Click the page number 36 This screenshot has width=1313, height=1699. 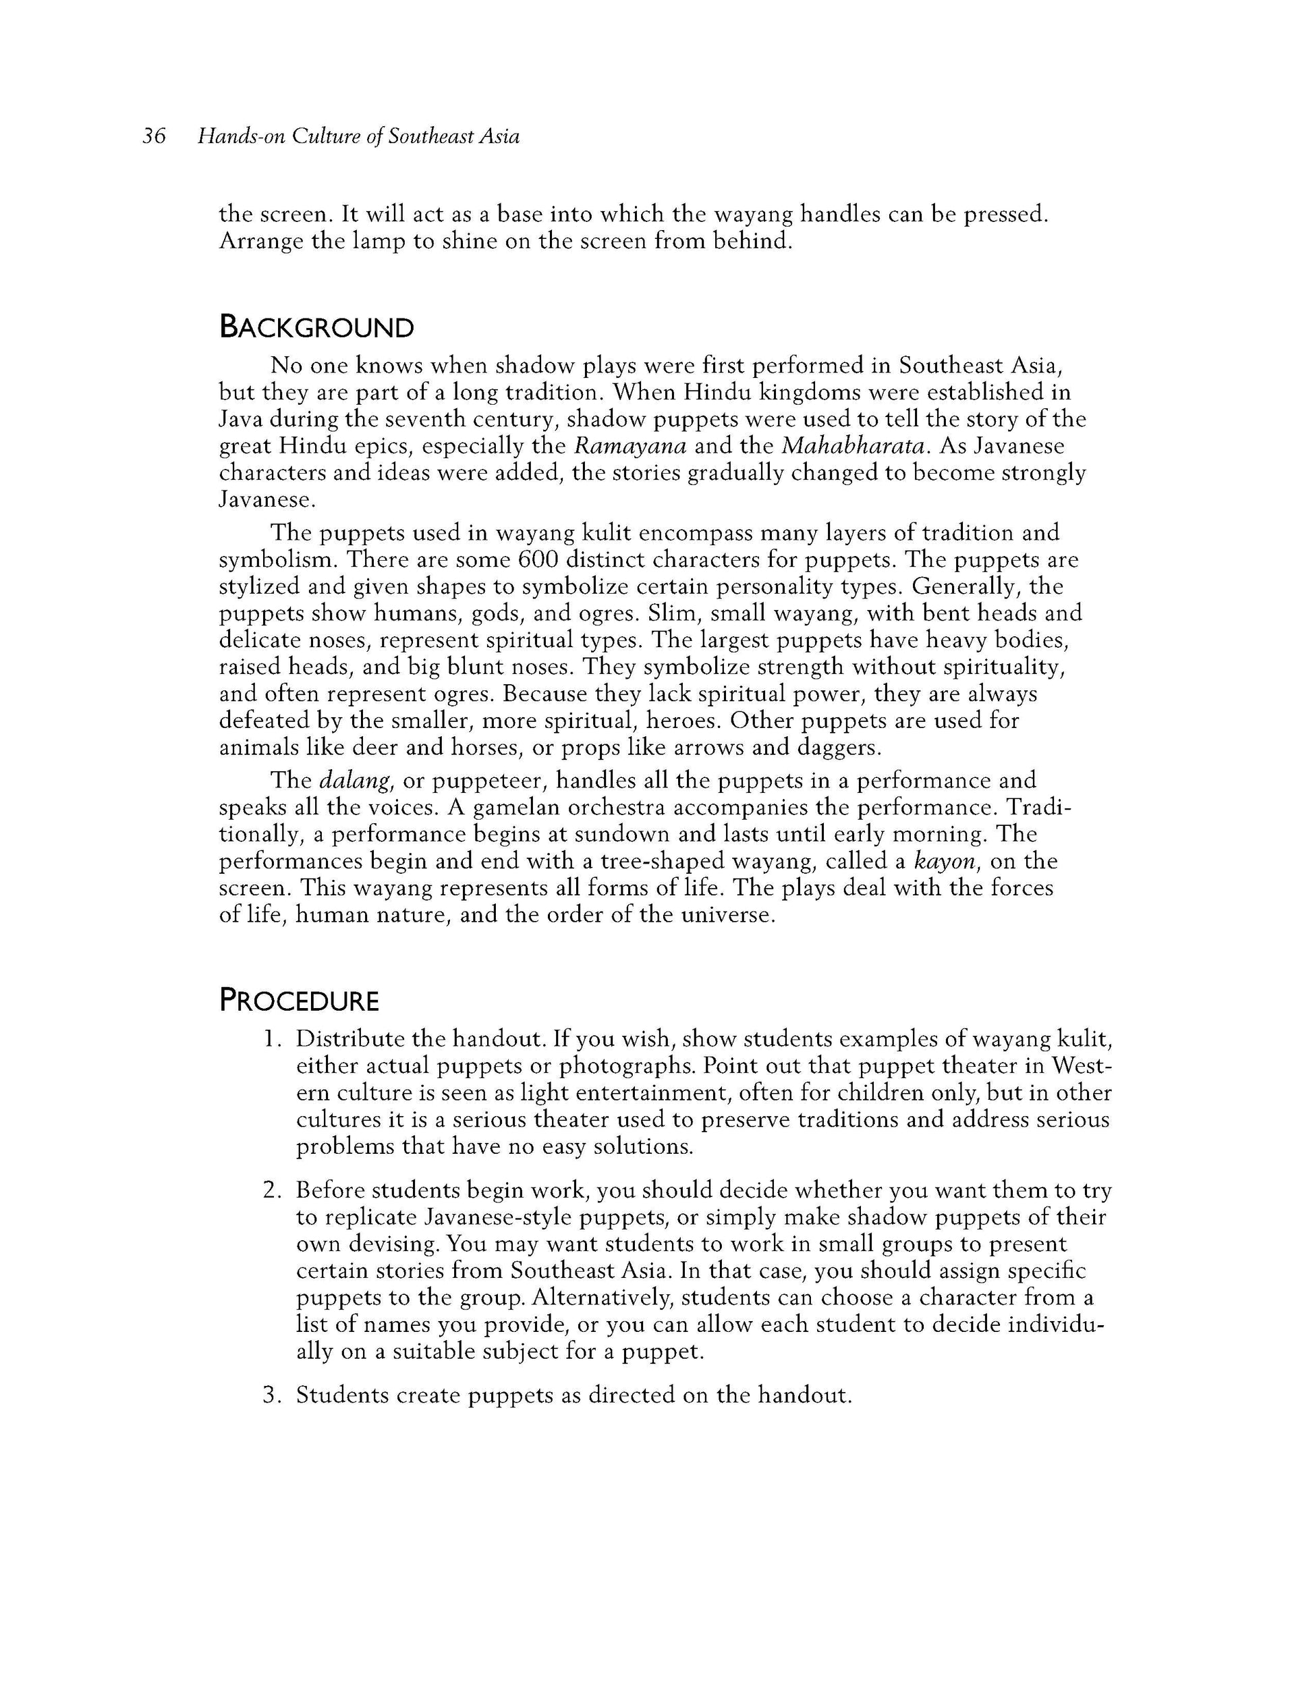point(154,137)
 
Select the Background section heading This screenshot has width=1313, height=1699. point(316,327)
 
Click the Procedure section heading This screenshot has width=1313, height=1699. point(299,1001)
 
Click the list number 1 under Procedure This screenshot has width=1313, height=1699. point(270,1039)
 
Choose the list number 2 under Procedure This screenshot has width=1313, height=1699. point(270,1191)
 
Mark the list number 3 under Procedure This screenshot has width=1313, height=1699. point(270,1395)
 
